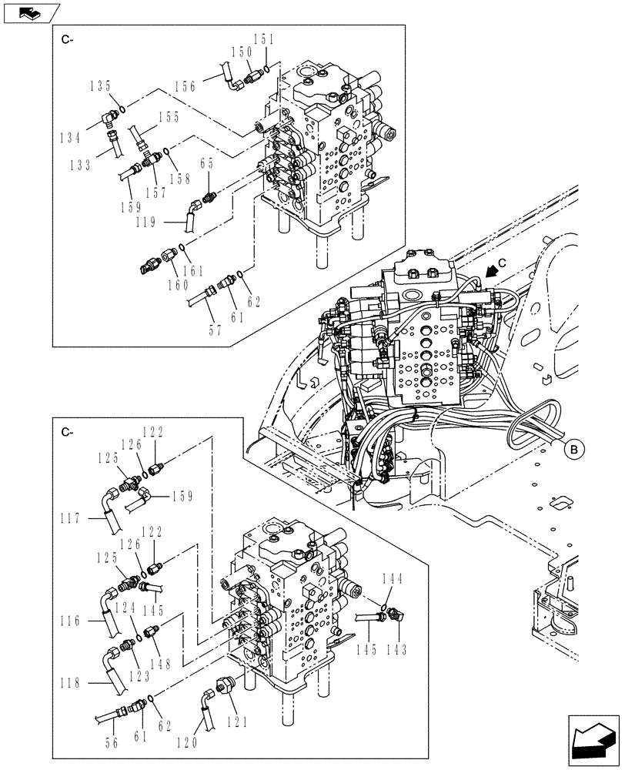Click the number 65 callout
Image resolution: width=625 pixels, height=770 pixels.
click(207, 163)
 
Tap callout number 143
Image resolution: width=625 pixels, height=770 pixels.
click(395, 650)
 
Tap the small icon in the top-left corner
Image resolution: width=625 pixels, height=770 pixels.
click(30, 13)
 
